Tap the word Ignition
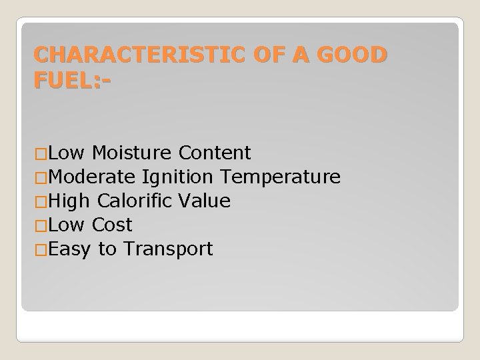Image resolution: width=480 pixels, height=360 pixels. [x=177, y=177]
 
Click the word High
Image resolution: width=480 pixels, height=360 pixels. [x=70, y=201]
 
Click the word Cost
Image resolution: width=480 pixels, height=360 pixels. [x=113, y=225]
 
